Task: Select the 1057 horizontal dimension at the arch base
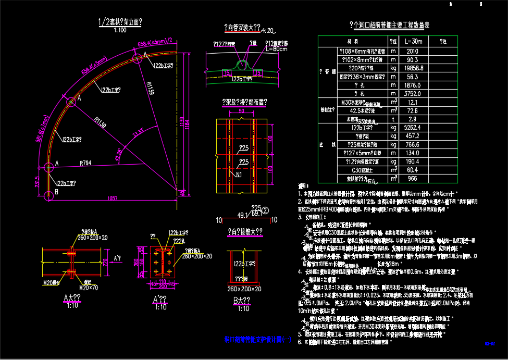pyautogui.click(x=113, y=198)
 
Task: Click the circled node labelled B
pyautogui.click(x=48, y=194)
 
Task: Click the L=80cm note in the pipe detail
pyautogui.click(x=276, y=49)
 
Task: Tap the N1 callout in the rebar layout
pyautogui.click(x=239, y=174)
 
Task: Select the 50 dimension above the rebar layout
pyautogui.click(x=241, y=111)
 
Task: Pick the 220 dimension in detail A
pyautogui.click(x=119, y=260)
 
